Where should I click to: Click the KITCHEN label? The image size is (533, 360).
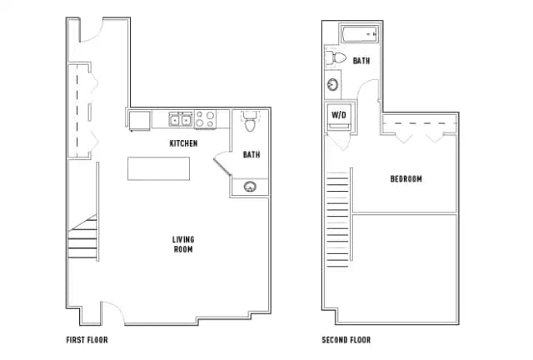[x=183, y=143]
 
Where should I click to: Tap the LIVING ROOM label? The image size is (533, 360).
[x=183, y=244]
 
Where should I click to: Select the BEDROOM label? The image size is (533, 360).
[x=406, y=179]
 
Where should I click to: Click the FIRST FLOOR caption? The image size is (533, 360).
[x=87, y=340]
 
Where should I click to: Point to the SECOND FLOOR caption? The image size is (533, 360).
[x=346, y=340]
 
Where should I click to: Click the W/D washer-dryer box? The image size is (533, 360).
[x=339, y=116]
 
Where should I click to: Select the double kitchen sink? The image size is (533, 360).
[x=181, y=120]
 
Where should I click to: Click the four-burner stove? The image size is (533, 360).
[x=206, y=120]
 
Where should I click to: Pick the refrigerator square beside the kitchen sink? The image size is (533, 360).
[x=139, y=120]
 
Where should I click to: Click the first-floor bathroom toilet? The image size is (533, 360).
[x=249, y=123]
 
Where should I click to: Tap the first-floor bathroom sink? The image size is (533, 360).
[x=249, y=186]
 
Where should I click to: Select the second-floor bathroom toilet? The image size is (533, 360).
[x=336, y=59]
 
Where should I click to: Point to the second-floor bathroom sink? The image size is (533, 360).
[x=333, y=85]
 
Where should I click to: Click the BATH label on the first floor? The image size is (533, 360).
[x=251, y=154]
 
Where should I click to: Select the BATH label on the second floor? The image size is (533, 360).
[x=361, y=61]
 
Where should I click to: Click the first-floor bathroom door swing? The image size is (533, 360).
[x=222, y=162]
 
